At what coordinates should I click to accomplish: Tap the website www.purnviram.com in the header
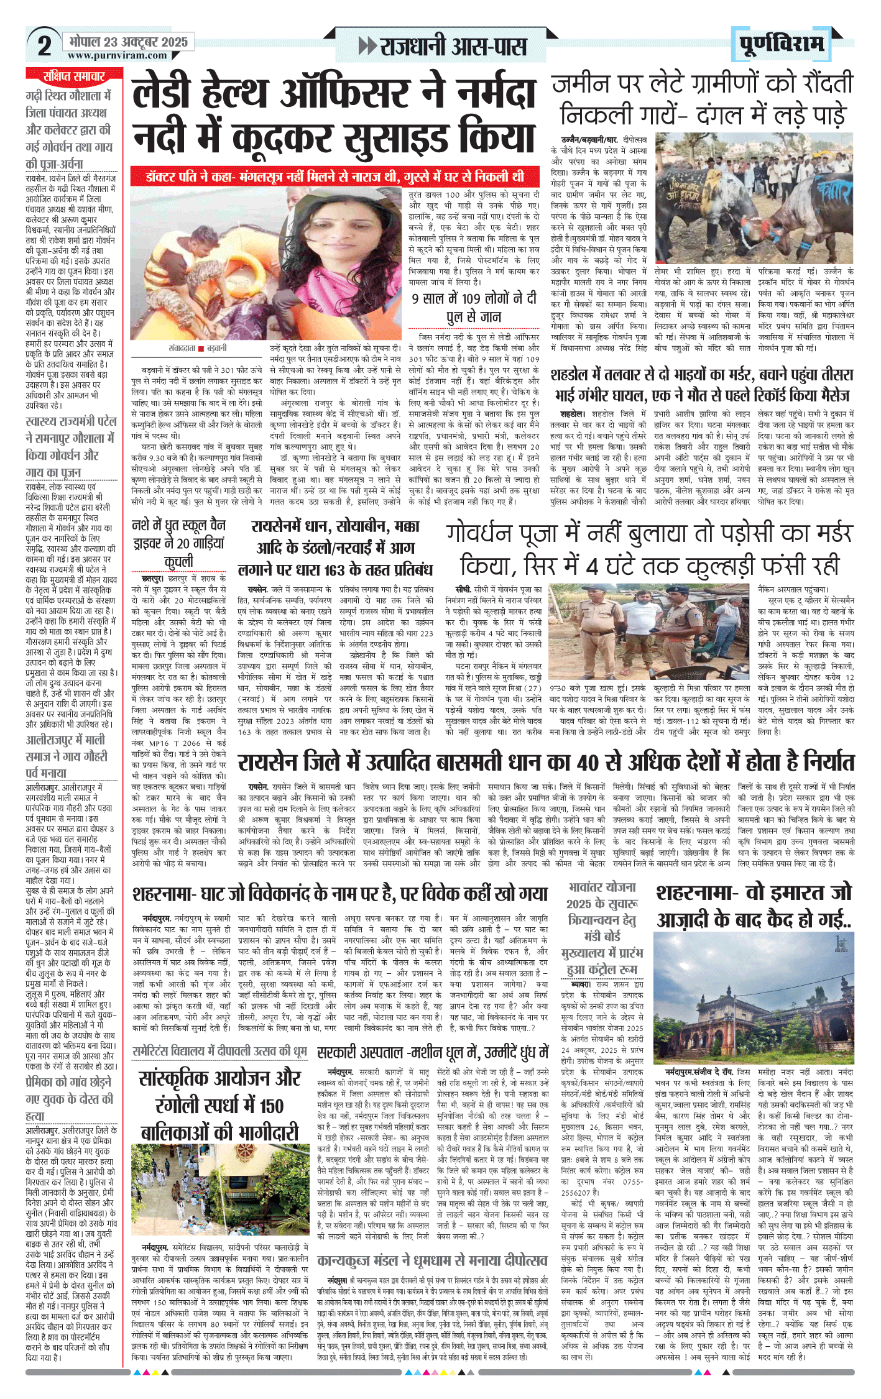[118, 55]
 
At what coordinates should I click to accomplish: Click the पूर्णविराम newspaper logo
[782, 44]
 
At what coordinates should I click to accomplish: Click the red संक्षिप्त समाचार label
[74, 76]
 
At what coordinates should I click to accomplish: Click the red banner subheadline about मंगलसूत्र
[334, 176]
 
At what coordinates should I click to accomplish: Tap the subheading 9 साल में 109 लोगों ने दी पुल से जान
[473, 307]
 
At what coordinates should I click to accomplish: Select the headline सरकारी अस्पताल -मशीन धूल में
[433, 1052]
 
